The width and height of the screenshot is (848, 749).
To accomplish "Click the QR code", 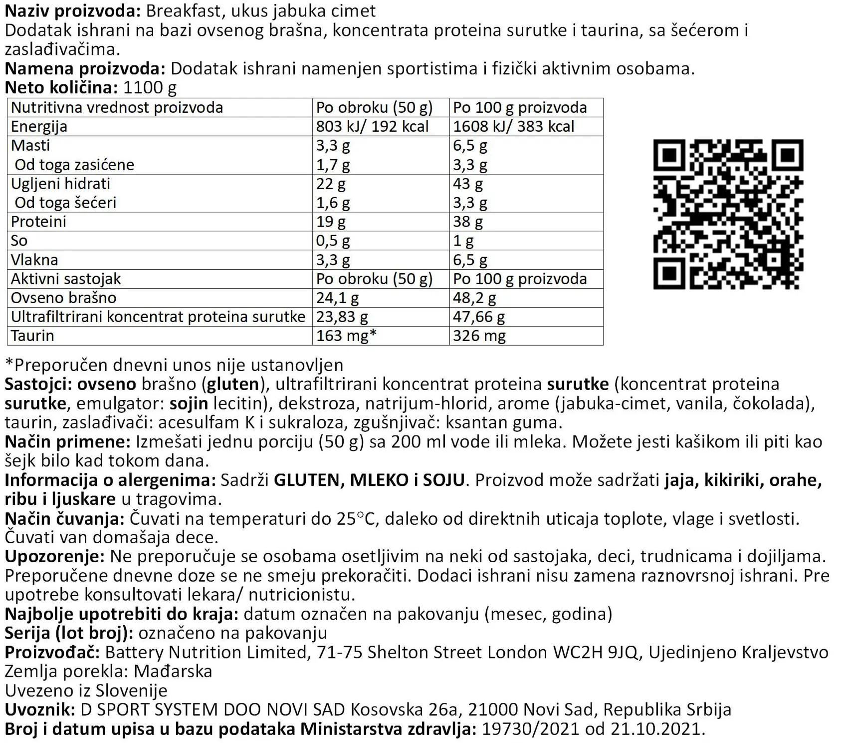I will pyautogui.click(x=728, y=214).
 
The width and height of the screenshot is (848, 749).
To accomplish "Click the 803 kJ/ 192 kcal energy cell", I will pyautogui.click(x=372, y=126).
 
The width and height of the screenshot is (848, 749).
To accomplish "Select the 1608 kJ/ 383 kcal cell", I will pyautogui.click(x=513, y=126).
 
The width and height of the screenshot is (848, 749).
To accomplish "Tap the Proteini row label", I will pyautogui.click(x=38, y=222).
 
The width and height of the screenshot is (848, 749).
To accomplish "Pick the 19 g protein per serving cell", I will pyautogui.click(x=331, y=222).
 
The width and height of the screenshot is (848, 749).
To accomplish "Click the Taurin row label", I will pyautogui.click(x=32, y=336).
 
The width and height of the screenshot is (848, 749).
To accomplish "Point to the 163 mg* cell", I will pyautogui.click(x=346, y=336).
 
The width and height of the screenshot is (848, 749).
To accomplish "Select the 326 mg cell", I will pyautogui.click(x=479, y=336).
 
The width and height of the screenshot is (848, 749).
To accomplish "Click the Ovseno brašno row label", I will pyautogui.click(x=63, y=298).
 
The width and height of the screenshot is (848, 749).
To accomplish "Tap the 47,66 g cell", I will pyautogui.click(x=479, y=317).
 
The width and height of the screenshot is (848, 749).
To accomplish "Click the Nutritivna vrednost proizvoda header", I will pyautogui.click(x=117, y=107).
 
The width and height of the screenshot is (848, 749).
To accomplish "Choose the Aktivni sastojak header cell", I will pyautogui.click(x=66, y=279).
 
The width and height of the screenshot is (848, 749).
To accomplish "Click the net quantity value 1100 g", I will pyautogui.click(x=150, y=88).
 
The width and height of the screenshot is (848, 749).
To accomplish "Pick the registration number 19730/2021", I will pyautogui.click(x=530, y=729).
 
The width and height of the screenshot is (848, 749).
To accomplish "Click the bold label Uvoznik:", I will pyautogui.click(x=40, y=710).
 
